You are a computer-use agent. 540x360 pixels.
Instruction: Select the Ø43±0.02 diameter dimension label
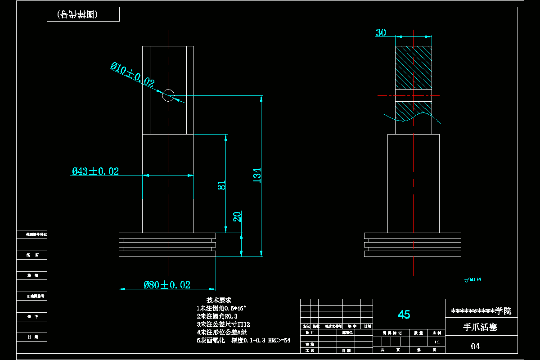(x=95, y=171)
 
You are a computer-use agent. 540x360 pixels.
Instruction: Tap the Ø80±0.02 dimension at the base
(x=167, y=284)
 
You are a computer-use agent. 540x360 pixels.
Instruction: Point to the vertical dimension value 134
(x=256, y=175)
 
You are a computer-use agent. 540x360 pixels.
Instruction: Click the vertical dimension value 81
(x=222, y=185)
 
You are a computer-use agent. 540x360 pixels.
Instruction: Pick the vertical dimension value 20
(x=237, y=216)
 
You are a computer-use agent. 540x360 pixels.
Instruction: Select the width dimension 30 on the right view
(x=381, y=32)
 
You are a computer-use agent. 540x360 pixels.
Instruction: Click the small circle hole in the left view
(x=168, y=95)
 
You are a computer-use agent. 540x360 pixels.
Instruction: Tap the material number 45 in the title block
(x=404, y=315)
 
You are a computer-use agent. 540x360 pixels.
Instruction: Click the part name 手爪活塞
(x=480, y=327)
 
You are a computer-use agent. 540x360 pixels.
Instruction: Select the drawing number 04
(x=475, y=346)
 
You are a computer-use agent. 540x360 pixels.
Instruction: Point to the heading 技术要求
(x=219, y=300)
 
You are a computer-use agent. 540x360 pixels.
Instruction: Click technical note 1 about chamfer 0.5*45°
(x=221, y=308)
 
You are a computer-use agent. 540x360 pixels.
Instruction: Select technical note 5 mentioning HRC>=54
(x=243, y=340)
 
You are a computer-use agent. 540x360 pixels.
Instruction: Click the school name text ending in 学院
(x=481, y=311)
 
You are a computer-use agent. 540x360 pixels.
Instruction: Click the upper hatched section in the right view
(x=413, y=67)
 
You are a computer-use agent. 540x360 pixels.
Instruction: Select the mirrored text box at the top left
(x=83, y=14)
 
